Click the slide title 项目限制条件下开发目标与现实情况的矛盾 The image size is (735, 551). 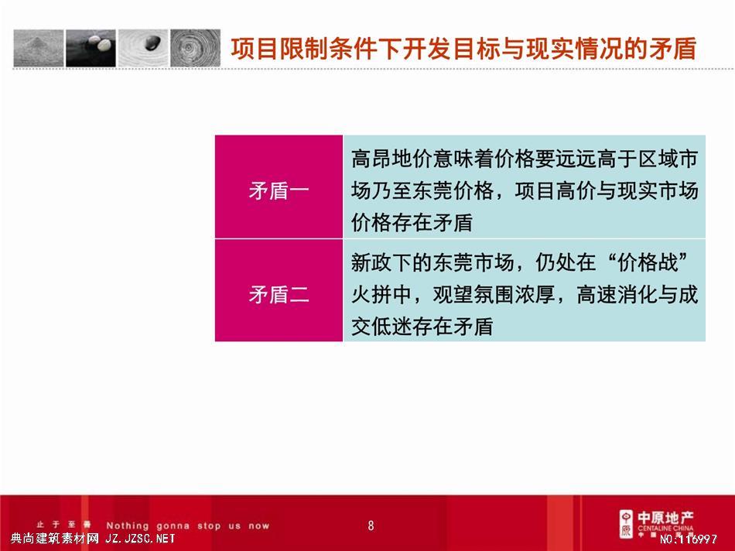(463, 49)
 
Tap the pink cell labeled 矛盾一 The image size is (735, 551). (279, 187)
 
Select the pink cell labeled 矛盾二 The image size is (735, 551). (279, 290)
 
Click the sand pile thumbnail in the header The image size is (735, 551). (39, 48)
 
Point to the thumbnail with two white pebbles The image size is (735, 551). (91, 48)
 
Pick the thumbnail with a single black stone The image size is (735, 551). (143, 48)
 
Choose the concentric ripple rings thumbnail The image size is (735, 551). (195, 48)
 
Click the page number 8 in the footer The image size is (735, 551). (371, 525)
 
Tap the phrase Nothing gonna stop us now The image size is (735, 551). (187, 525)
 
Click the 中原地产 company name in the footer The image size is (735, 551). (665, 518)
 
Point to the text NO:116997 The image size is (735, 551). (688, 539)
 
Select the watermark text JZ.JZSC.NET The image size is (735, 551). (140, 539)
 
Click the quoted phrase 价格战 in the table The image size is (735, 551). (648, 262)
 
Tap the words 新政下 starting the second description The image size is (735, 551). (381, 262)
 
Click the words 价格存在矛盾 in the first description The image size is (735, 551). (412, 223)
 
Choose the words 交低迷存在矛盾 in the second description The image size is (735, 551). (422, 327)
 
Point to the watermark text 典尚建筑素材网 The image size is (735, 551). (54, 539)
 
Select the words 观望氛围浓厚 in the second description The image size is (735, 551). (493, 295)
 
